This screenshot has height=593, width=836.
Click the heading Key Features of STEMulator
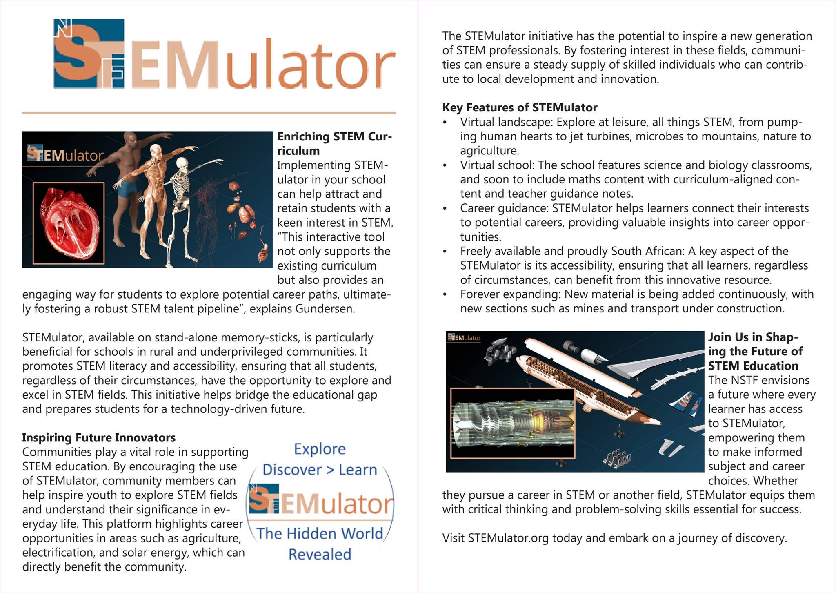pos(519,108)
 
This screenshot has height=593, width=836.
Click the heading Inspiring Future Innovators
pos(99,438)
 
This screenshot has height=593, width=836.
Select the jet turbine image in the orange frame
pos(513,423)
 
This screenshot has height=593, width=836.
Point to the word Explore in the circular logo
pos(320,449)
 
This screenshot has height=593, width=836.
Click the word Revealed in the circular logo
pos(320,555)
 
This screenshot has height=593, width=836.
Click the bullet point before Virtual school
pos(445,165)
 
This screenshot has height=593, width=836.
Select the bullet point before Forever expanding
pos(445,294)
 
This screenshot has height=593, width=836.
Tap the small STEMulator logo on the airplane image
pos(464,338)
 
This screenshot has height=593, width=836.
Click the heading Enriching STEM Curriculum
pos(334,143)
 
